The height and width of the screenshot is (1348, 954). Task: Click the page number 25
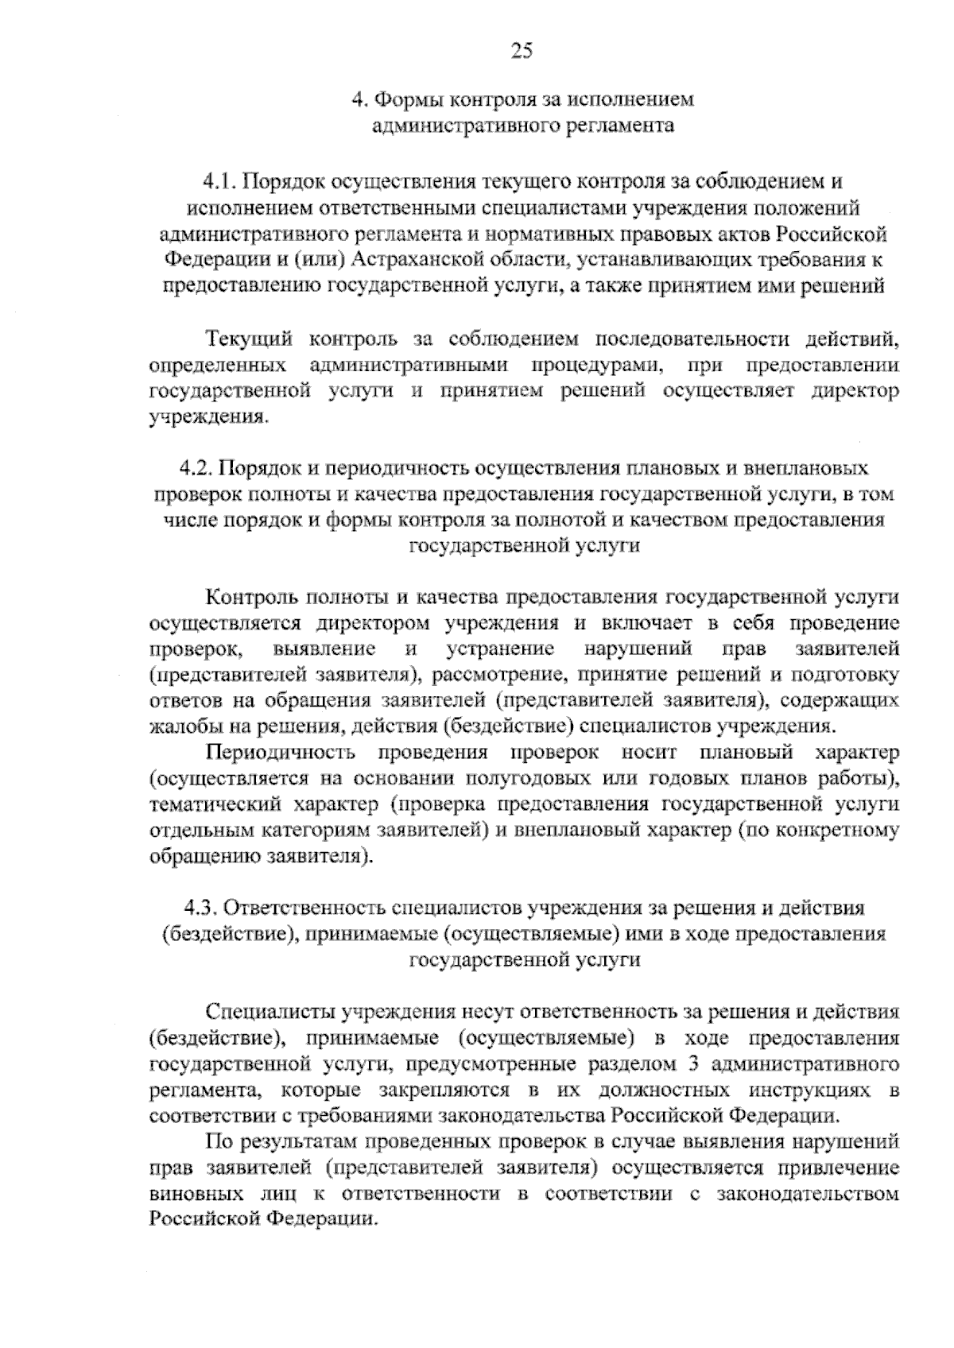[521, 52]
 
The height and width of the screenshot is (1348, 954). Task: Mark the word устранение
[500, 649]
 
